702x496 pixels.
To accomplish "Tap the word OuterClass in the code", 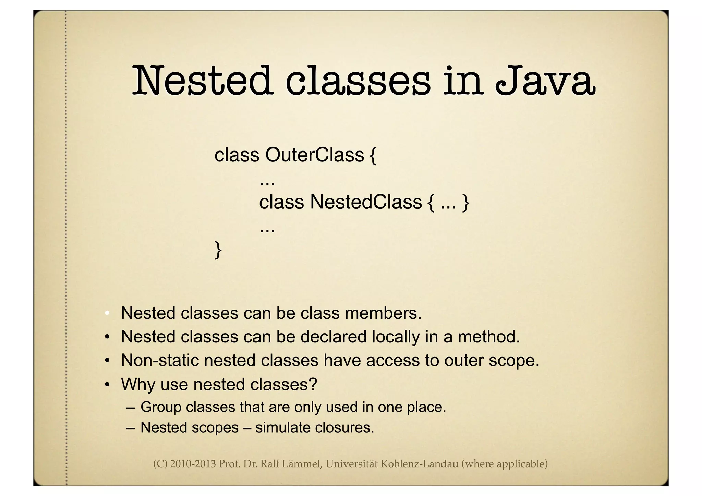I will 314,155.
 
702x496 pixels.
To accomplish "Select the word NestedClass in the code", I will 366,202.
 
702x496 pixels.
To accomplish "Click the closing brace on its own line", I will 218,250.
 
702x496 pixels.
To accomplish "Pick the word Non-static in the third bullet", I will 160,361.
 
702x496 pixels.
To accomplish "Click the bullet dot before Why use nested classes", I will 107,385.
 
